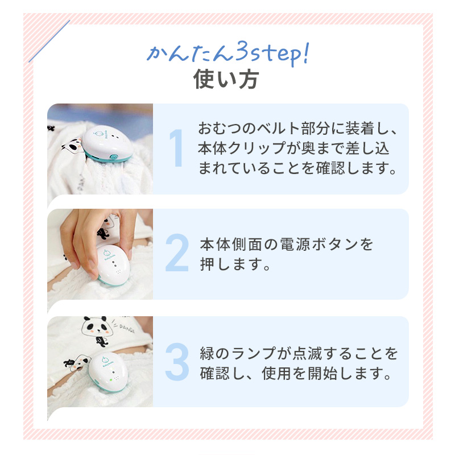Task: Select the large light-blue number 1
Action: tap(177, 149)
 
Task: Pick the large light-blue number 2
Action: tap(177, 254)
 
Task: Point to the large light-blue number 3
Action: tap(177, 361)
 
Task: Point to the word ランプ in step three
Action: tap(257, 354)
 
